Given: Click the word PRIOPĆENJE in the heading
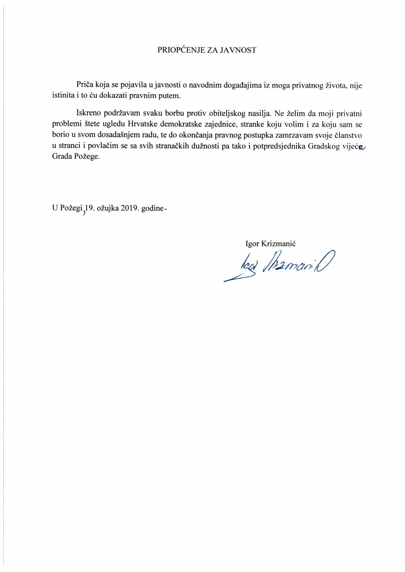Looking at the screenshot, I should (180, 50).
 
